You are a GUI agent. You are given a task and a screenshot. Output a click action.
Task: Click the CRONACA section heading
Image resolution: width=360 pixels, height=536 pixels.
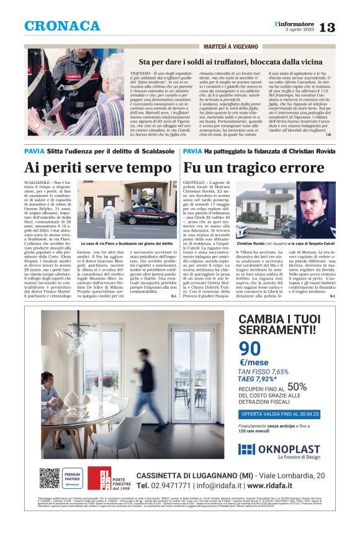62,26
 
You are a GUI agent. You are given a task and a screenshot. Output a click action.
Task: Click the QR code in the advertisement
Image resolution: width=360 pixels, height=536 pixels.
49,478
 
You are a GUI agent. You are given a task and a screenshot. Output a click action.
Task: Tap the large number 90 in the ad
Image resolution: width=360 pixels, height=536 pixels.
250,349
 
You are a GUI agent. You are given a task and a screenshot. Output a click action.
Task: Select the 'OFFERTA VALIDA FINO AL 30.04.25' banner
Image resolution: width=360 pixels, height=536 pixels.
280,413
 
